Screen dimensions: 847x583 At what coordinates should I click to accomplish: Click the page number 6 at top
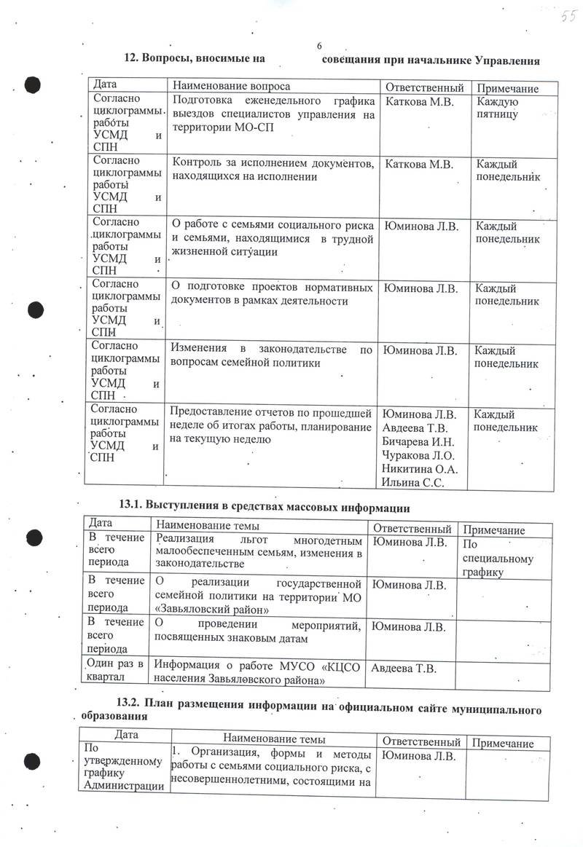click(x=319, y=47)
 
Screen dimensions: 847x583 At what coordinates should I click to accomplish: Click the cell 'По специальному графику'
click(x=498, y=558)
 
